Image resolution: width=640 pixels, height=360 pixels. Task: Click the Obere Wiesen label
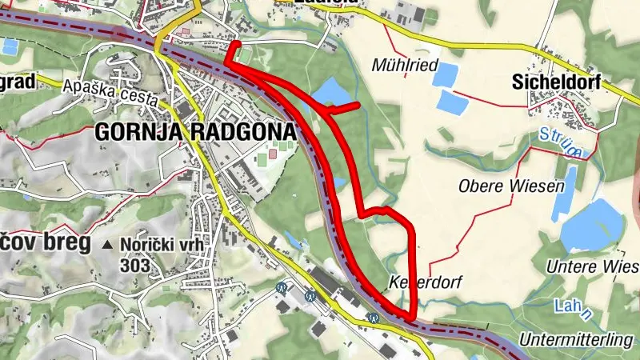[511, 186]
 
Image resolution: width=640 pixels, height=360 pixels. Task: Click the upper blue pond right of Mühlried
[446, 74]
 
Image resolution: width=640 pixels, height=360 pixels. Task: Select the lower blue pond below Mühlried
[454, 102]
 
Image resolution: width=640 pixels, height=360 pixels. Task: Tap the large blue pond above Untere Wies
[592, 225]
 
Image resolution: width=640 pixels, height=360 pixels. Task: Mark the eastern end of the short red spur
[358, 104]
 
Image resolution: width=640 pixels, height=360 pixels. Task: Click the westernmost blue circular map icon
[282, 286]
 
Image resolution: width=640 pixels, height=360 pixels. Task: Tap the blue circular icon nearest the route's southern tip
[373, 318]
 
